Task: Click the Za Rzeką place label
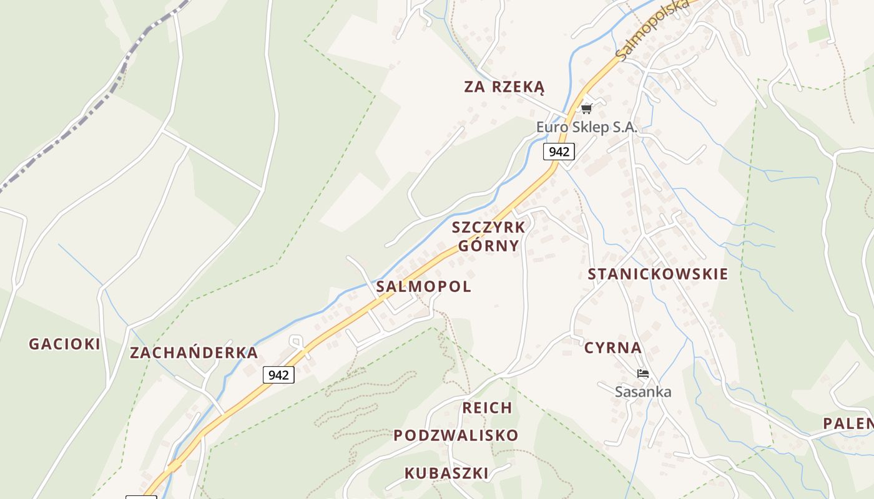click(504, 87)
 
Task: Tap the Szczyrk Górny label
click(488, 236)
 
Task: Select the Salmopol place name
click(423, 286)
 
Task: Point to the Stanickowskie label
click(657, 274)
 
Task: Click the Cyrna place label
click(612, 348)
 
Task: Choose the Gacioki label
click(64, 344)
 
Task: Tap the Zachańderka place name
click(194, 353)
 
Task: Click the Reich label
click(487, 408)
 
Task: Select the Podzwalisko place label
click(456, 435)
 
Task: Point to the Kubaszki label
click(446, 473)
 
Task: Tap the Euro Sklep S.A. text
click(586, 127)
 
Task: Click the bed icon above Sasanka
click(642, 374)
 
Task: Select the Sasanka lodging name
click(643, 392)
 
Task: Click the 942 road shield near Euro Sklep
click(559, 151)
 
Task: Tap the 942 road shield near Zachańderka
click(278, 375)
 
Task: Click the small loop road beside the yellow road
click(297, 342)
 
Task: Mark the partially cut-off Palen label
click(848, 424)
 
